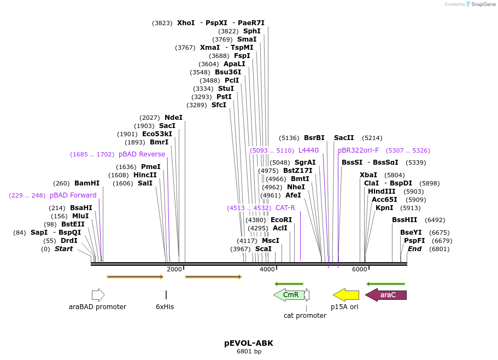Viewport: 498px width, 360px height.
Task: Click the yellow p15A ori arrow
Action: [346, 295]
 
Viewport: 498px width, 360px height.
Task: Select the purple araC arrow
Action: [386, 295]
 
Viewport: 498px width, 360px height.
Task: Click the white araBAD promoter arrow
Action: [98, 295]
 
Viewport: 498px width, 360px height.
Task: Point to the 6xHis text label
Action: [165, 307]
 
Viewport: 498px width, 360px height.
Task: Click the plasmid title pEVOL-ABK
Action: [249, 343]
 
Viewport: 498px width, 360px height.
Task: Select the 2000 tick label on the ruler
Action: [174, 269]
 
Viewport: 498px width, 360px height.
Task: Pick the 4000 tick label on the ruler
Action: [267, 269]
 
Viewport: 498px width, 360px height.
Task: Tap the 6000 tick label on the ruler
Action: [360, 269]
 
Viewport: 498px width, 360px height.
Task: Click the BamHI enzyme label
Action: [87, 183]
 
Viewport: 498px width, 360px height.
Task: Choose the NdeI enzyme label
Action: [173, 118]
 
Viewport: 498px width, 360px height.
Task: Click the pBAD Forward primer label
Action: [73, 195]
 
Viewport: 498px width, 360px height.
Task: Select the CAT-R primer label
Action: [285, 208]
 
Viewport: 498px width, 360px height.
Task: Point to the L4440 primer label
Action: [308, 150]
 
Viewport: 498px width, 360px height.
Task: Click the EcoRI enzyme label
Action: [281, 220]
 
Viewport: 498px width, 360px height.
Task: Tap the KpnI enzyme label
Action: [384, 208]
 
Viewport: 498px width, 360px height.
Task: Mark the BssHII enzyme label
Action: [404, 220]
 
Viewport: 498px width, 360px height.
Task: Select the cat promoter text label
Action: [304, 316]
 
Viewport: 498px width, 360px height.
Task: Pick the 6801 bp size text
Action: [249, 351]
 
